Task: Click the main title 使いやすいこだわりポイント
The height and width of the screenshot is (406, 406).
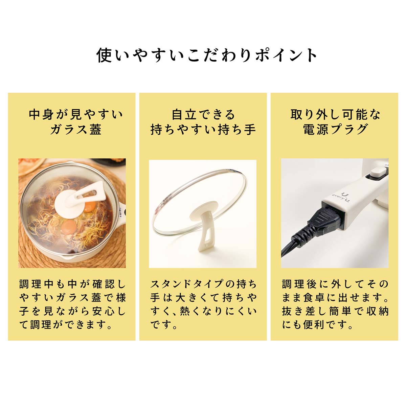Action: tap(206, 55)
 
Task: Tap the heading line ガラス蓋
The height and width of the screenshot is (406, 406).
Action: tap(76, 129)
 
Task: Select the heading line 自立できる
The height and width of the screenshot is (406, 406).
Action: tap(203, 115)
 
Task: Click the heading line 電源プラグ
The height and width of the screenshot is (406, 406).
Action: tap(335, 129)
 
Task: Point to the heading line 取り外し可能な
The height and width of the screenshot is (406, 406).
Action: tap(335, 115)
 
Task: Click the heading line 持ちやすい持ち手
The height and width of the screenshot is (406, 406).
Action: tap(203, 129)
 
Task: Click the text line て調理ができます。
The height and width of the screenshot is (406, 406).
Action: tap(66, 325)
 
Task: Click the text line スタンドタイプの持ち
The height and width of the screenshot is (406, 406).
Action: tap(203, 284)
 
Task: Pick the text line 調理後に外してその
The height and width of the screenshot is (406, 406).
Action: tap(335, 284)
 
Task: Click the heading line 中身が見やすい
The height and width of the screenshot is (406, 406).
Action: tap(76, 115)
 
